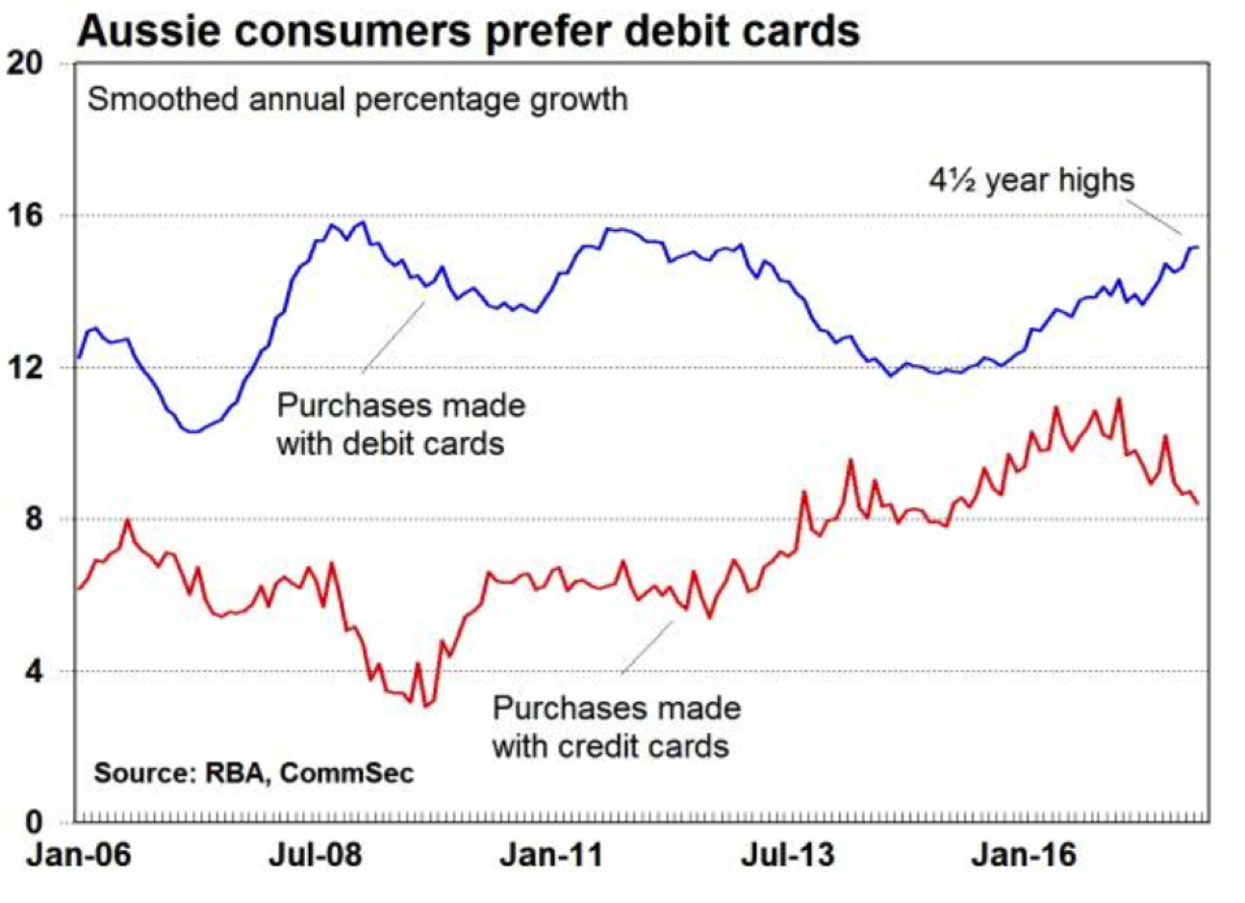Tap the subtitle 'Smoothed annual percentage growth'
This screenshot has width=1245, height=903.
pyautogui.click(x=358, y=99)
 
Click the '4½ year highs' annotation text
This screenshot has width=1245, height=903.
pyautogui.click(x=1031, y=180)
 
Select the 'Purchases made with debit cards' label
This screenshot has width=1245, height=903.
pyautogui.click(x=400, y=424)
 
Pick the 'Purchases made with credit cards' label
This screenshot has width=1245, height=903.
pyautogui.click(x=616, y=727)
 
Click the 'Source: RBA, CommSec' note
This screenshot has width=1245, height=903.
pyautogui.click(x=253, y=773)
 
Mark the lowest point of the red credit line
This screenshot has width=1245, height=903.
pyautogui.click(x=425, y=707)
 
